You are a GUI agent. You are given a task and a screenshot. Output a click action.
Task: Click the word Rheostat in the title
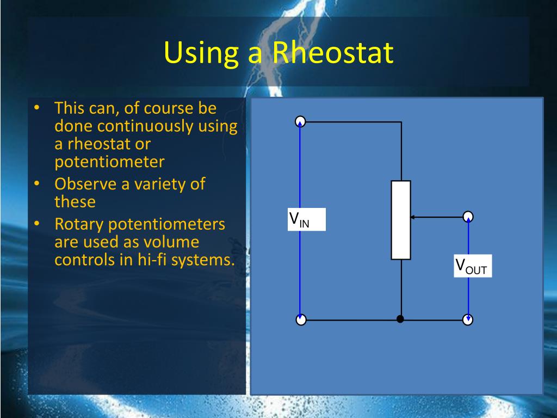333,53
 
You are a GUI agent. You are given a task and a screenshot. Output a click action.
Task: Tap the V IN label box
307,220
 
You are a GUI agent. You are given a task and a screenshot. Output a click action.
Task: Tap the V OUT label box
473,266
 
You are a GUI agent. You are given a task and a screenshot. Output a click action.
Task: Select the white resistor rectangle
401,220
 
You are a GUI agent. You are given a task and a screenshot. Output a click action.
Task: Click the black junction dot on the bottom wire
400,319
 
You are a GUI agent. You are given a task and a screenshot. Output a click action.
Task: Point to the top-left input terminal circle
300,121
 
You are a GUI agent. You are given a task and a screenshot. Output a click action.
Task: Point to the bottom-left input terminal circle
301,320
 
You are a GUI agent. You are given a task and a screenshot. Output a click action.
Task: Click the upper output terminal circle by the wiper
468,217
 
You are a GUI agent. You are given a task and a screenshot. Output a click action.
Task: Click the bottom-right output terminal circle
468,320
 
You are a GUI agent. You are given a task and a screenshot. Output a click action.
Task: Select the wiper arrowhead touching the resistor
413,217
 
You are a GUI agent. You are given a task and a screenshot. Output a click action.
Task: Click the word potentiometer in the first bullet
109,162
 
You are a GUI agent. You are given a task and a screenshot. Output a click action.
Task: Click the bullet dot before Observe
36,184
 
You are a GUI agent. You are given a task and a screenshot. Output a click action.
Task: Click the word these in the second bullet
75,201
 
